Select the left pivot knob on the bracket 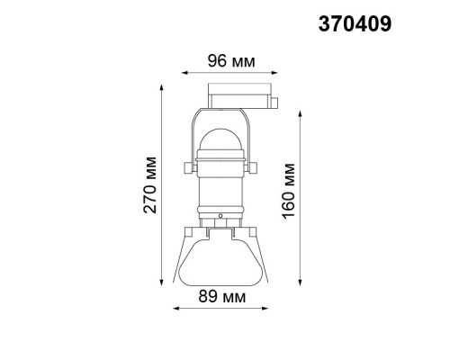[x=183, y=167]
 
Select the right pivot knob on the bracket [x=256, y=167]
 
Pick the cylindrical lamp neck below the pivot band [x=220, y=194]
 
